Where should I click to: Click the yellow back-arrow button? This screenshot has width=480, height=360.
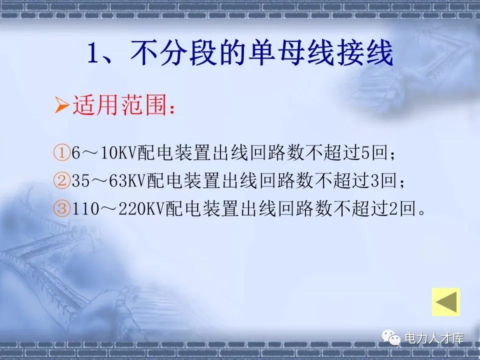[x=445, y=302]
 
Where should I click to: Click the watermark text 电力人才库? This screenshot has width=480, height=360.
[x=434, y=339]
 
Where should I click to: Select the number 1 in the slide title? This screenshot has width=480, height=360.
[x=94, y=53]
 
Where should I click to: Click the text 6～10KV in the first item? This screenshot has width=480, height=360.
[x=104, y=153]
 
